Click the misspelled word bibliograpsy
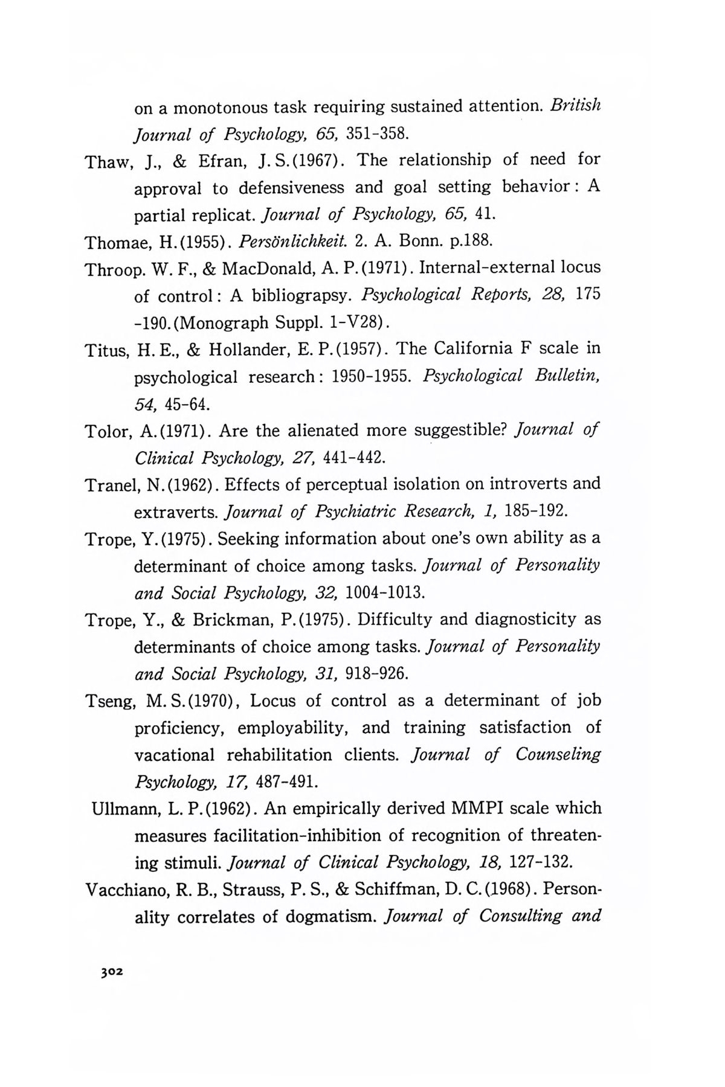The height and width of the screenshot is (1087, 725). [x=298, y=296]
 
